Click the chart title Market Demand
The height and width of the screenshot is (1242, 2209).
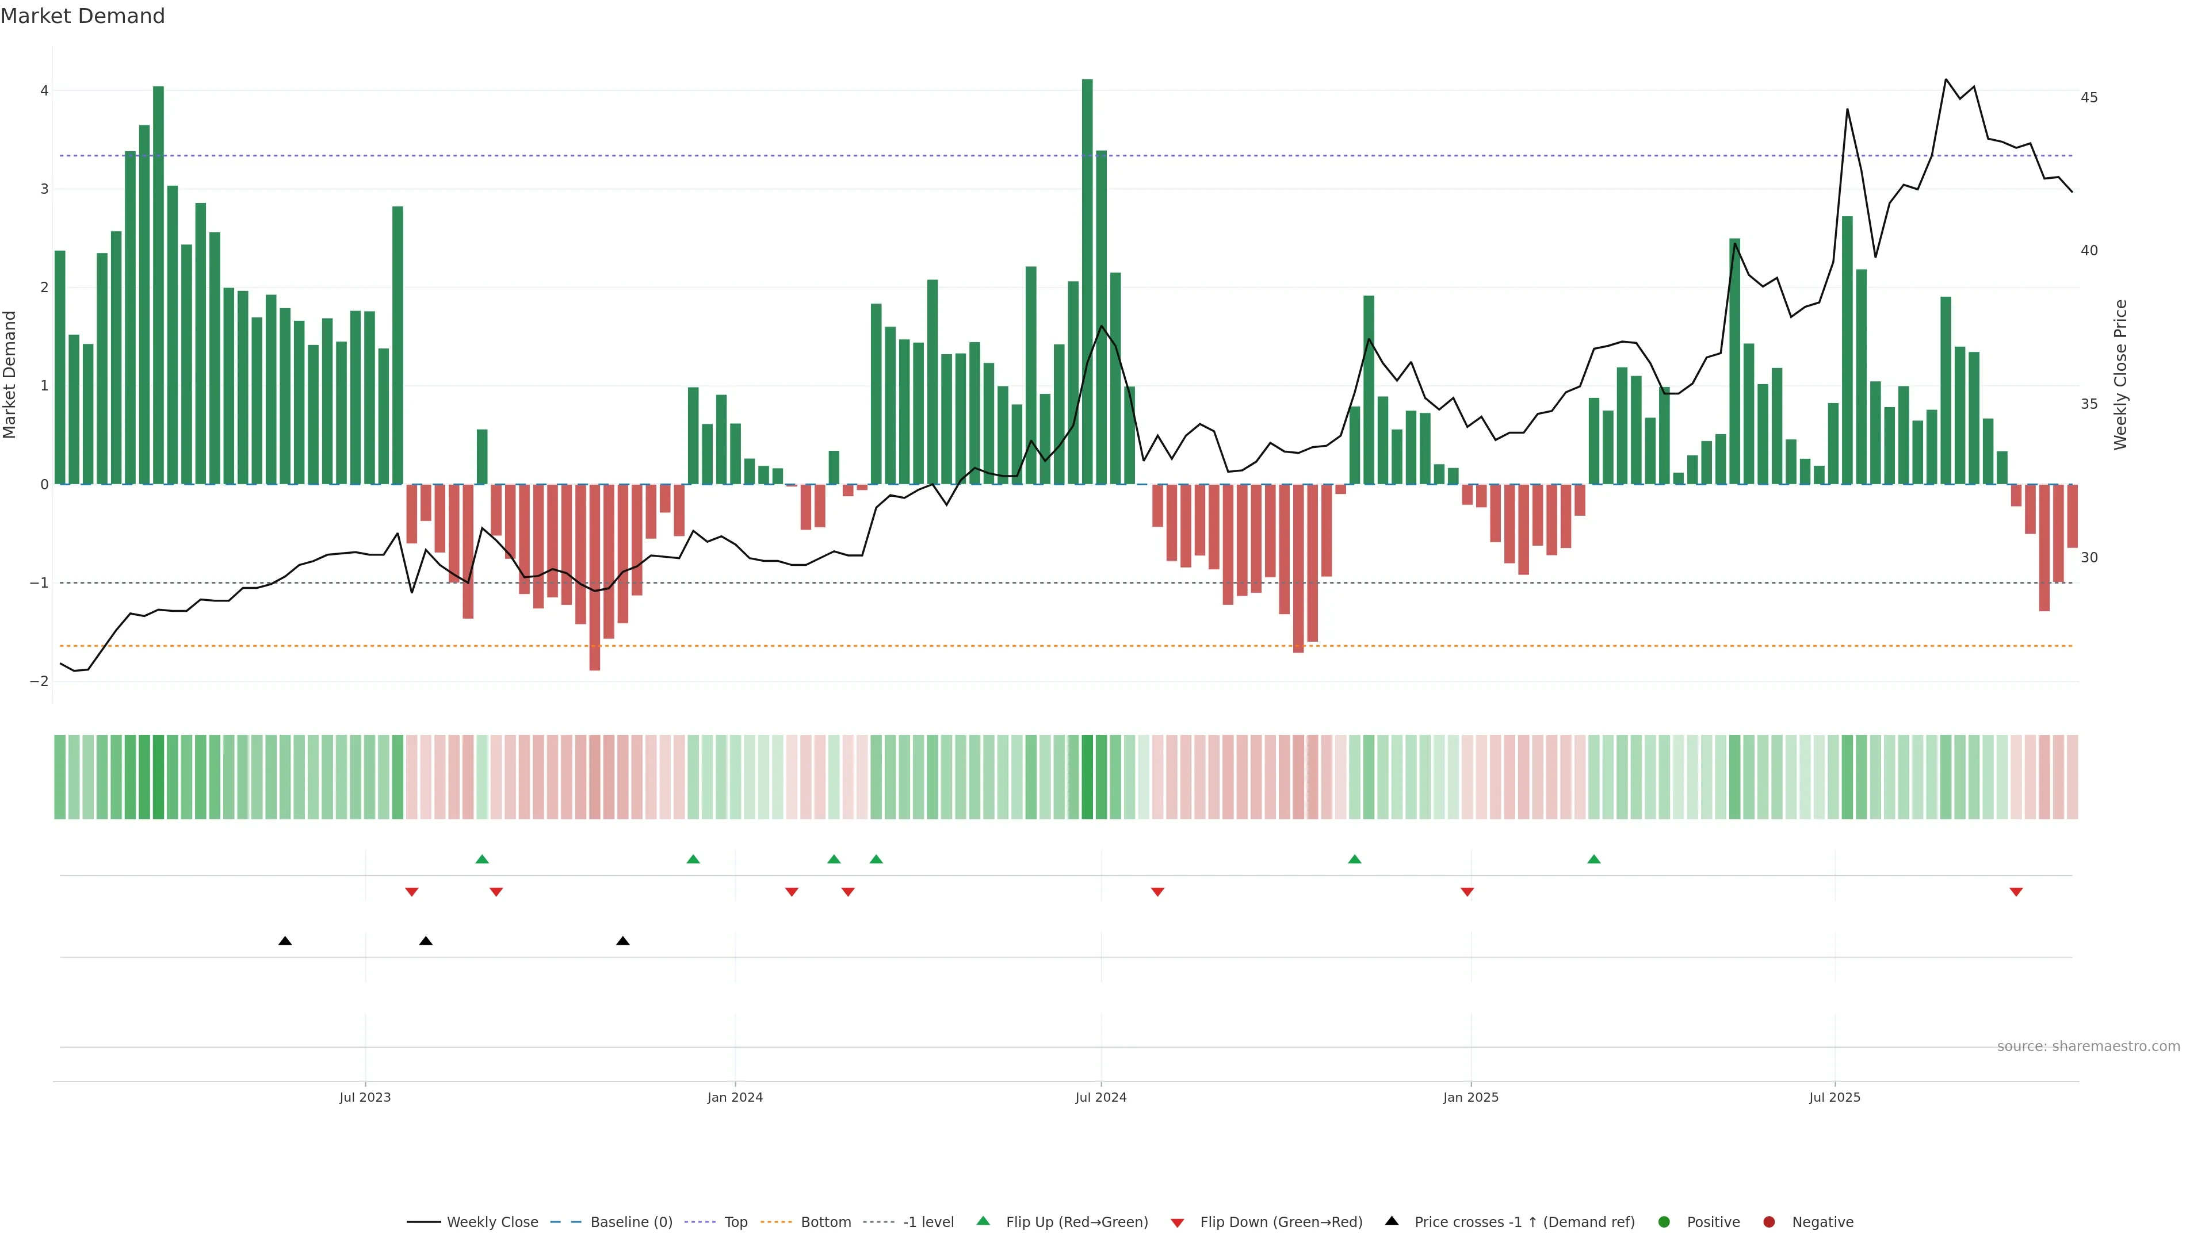click(82, 16)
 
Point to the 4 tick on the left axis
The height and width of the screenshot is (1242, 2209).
click(44, 91)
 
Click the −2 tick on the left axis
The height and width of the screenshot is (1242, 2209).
click(40, 681)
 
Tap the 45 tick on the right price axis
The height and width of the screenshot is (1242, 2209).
click(2089, 98)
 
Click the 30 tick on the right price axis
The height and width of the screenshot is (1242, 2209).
click(2089, 558)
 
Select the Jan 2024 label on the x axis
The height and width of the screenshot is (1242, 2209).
click(735, 1097)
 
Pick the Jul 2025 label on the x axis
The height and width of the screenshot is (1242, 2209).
click(1835, 1097)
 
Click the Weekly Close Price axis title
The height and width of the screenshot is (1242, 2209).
click(2120, 374)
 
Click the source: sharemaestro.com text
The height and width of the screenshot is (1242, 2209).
click(2088, 1046)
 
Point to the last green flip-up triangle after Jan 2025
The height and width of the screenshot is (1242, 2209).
click(1594, 859)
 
